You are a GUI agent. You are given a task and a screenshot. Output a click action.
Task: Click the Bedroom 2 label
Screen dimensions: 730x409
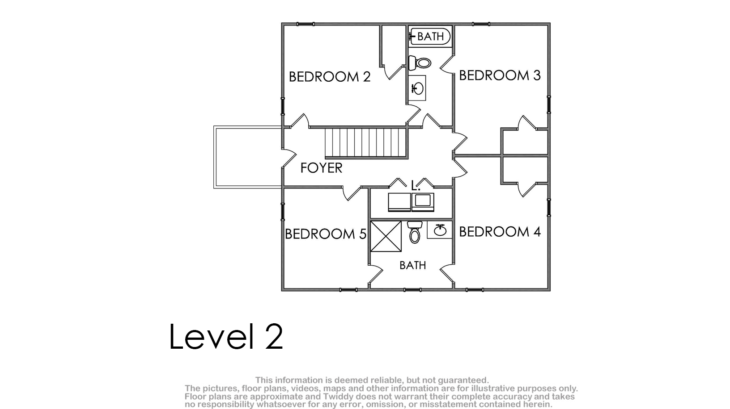coord(330,77)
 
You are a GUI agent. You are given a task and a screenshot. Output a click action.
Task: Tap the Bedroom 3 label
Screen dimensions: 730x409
coord(500,75)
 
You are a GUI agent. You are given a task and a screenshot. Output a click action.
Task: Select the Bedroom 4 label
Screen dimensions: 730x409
coord(500,232)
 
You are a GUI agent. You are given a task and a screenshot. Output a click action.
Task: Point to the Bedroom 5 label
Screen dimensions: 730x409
coord(326,234)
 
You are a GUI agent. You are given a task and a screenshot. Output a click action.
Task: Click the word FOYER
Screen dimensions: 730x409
coord(321,168)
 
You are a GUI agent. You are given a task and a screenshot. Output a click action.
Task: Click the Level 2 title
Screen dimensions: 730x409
coord(226,336)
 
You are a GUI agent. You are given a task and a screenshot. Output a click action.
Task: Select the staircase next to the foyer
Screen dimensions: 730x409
coord(366,143)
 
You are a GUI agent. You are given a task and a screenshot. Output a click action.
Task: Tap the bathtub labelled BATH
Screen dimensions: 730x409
coord(430,36)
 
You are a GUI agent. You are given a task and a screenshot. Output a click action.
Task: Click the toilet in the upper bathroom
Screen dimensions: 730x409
coord(420,63)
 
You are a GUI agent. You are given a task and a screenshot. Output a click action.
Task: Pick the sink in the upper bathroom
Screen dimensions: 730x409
coord(417,88)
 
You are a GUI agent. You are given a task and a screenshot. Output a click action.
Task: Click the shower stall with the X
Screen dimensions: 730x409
coord(386,236)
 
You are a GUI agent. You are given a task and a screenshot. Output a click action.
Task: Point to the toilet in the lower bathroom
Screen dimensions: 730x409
coord(415,232)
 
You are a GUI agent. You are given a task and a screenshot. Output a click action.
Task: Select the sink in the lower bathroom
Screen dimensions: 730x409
coord(440,230)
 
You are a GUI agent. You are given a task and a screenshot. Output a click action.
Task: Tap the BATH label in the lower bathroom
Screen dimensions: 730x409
coord(412,266)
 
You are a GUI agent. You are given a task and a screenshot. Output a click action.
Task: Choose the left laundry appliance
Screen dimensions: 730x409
coord(399,202)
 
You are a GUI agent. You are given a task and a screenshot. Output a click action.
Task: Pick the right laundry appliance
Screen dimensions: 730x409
coord(423,202)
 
